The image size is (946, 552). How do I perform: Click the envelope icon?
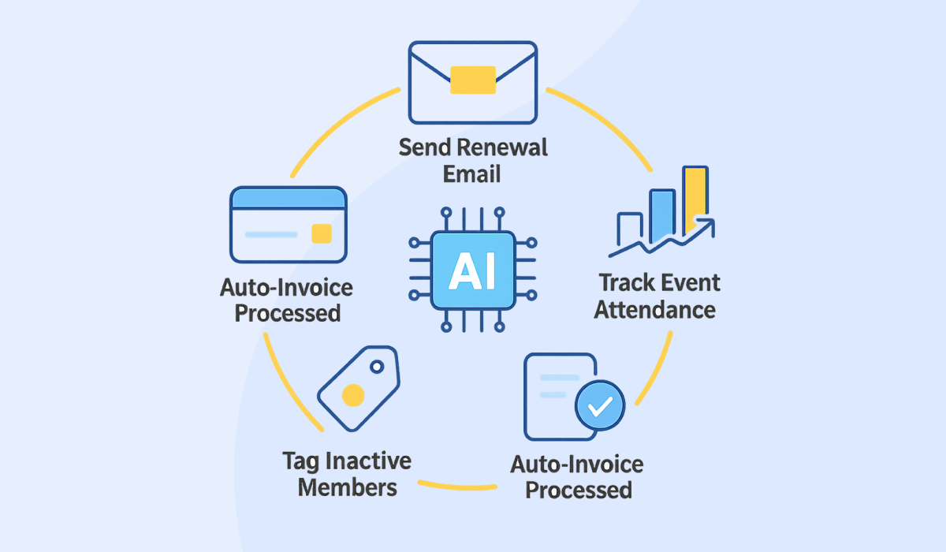pyautogui.click(x=472, y=82)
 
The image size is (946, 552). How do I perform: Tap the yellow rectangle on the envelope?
pyautogui.click(x=472, y=80)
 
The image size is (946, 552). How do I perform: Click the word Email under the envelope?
pyautogui.click(x=472, y=173)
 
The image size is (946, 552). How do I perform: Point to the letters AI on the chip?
pyautogui.click(x=472, y=270)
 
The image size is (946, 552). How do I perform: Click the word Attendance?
pyautogui.click(x=654, y=309)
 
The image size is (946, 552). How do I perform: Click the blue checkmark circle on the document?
pyautogui.click(x=600, y=406)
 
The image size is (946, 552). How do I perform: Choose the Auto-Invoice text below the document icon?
pyautogui.click(x=577, y=464)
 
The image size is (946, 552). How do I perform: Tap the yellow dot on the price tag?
pyautogui.click(x=352, y=394)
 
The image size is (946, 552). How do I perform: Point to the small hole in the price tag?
pyautogui.click(x=377, y=366)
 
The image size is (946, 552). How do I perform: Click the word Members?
pyautogui.click(x=347, y=487)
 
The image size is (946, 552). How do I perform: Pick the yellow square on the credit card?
pyautogui.click(x=321, y=233)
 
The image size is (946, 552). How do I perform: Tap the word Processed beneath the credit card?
pyautogui.click(x=288, y=313)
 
